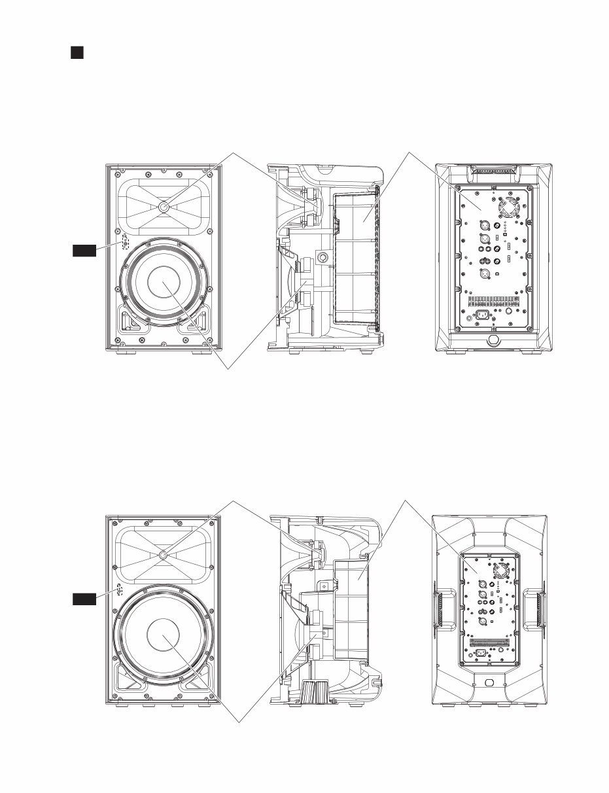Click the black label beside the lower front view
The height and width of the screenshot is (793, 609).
click(x=84, y=598)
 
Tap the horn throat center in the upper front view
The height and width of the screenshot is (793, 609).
click(x=162, y=207)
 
